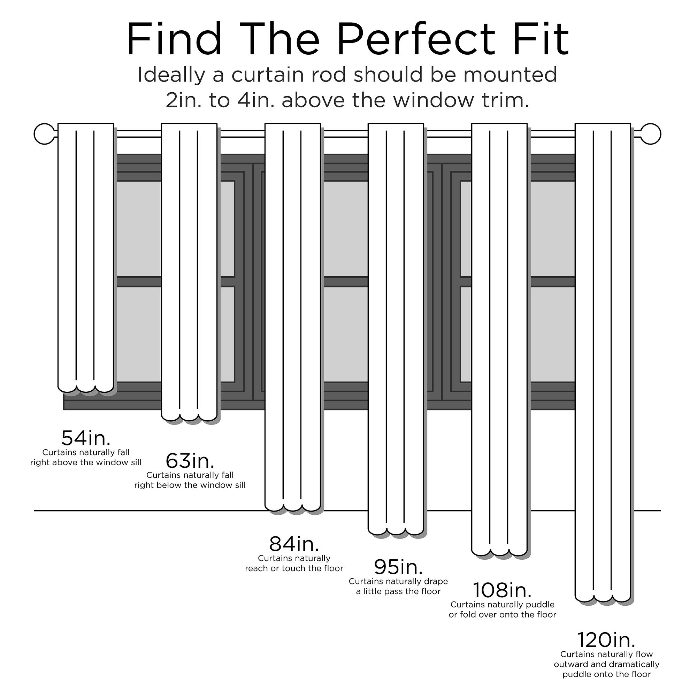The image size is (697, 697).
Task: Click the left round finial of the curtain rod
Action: click(x=44, y=134)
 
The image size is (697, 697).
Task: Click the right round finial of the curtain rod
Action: click(x=650, y=134)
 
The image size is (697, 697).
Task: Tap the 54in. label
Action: click(x=86, y=438)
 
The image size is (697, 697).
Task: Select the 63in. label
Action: click(x=190, y=461)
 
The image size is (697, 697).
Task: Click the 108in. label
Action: click(x=502, y=590)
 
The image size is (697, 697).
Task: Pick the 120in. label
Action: click(x=606, y=640)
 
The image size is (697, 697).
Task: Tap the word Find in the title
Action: click(x=174, y=40)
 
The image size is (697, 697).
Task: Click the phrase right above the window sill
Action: click(x=86, y=462)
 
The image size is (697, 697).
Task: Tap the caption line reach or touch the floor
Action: click(x=294, y=568)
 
